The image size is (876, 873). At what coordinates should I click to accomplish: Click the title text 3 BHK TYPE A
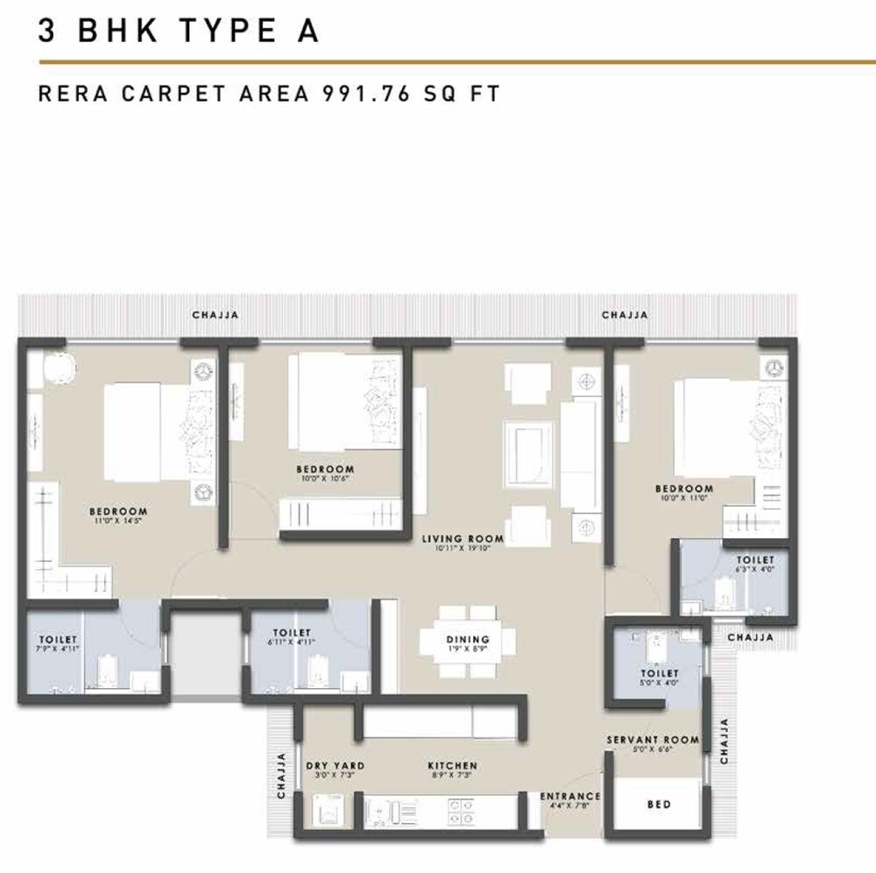click(178, 31)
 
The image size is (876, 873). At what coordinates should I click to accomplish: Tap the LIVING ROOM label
click(462, 539)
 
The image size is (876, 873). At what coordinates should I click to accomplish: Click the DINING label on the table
click(468, 639)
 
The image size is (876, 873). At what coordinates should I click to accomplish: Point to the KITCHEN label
click(452, 765)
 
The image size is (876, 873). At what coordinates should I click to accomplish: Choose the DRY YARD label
click(335, 765)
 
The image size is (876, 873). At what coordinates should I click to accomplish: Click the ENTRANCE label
click(570, 796)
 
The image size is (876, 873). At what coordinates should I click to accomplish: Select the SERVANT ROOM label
click(653, 740)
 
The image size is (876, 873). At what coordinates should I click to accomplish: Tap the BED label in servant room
click(659, 804)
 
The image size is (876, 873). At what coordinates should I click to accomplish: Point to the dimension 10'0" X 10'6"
click(325, 479)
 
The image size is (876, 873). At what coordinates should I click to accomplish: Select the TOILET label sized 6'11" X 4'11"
click(292, 632)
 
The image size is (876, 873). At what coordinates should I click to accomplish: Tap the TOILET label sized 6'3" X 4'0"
click(754, 559)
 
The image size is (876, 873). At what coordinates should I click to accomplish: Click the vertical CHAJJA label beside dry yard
click(282, 775)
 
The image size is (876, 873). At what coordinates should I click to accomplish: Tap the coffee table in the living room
click(528, 451)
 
